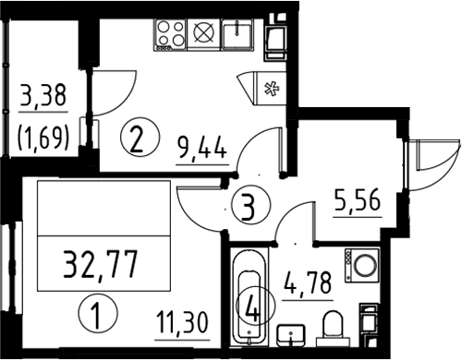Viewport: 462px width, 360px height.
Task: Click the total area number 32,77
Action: click(x=100, y=265)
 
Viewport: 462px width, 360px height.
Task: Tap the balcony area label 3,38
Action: click(x=43, y=95)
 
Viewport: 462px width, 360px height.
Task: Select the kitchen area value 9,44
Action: click(x=202, y=149)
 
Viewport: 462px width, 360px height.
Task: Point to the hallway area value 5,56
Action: click(x=358, y=200)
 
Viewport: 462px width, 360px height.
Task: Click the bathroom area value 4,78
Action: click(x=308, y=283)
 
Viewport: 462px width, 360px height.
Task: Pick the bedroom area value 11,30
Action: click(x=182, y=322)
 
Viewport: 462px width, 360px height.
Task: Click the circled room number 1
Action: click(x=98, y=313)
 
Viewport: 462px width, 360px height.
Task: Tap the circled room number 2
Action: click(x=140, y=137)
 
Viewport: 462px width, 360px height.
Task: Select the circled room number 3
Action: click(x=251, y=205)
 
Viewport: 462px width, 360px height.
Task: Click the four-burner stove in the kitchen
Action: click(x=170, y=34)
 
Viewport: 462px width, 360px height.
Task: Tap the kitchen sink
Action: click(x=237, y=34)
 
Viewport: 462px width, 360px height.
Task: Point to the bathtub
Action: click(x=249, y=296)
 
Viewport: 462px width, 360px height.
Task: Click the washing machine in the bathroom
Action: click(x=362, y=266)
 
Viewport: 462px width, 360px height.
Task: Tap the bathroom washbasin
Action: click(x=291, y=335)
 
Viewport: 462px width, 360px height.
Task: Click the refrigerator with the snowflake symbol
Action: click(x=270, y=89)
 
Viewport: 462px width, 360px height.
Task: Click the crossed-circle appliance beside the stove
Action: click(x=203, y=34)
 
